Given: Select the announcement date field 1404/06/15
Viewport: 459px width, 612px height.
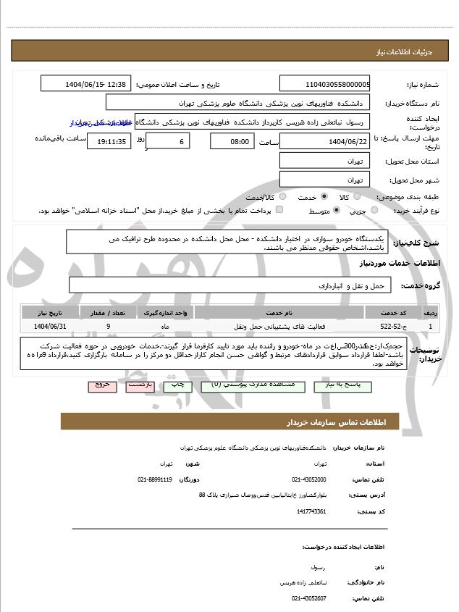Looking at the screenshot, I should (87, 84).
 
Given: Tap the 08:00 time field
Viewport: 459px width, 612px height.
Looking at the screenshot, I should (232, 141).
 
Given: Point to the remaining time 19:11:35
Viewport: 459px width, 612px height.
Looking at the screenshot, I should (109, 141).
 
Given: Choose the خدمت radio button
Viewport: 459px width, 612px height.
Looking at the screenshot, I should (324, 196).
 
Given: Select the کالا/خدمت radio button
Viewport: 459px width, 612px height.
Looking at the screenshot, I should (282, 196).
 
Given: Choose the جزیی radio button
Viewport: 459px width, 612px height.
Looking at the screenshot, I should (374, 210).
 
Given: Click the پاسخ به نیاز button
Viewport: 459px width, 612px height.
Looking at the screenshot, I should (338, 385).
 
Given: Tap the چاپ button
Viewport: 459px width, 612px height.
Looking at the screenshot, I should (182, 385).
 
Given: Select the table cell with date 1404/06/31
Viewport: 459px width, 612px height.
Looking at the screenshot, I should (46, 327).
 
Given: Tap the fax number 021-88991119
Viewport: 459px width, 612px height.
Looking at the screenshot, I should (155, 479).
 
